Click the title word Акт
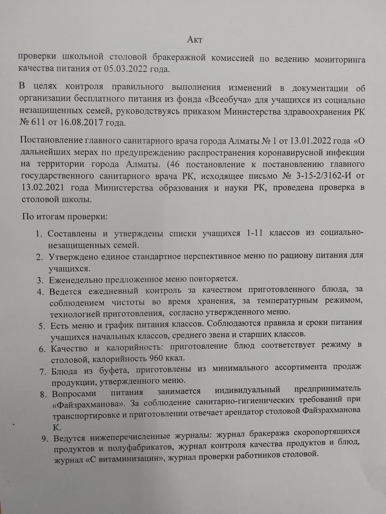pyautogui.click(x=195, y=40)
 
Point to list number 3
pyautogui.click(x=39, y=280)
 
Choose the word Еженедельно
pyautogui.click(x=76, y=279)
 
